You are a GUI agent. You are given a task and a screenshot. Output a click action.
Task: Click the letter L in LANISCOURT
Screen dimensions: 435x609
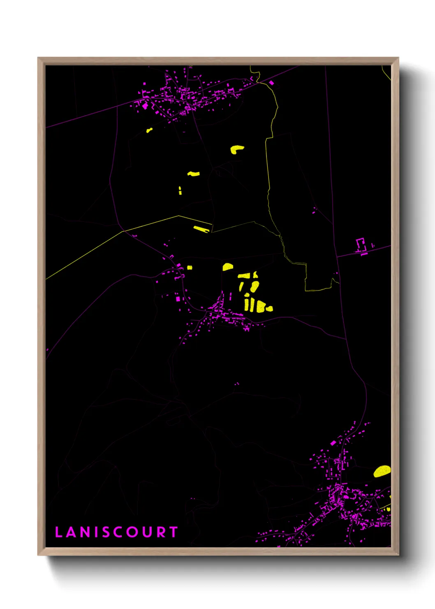pos(58,532)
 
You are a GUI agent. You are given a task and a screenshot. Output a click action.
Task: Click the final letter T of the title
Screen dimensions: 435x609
pos(174,532)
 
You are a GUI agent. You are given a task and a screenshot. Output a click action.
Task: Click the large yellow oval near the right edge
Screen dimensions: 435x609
pos(382,471)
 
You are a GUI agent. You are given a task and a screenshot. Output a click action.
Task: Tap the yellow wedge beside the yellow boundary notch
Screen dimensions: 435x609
pos(201,229)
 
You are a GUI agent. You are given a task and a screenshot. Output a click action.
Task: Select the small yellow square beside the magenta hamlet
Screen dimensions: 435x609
pos(190,267)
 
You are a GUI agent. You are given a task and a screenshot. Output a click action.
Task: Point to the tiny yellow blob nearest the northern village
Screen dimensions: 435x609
pos(149,130)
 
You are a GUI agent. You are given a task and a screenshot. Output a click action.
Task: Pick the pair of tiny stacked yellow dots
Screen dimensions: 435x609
pos(180,190)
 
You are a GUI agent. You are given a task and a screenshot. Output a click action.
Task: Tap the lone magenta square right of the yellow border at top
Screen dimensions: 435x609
pos(271,83)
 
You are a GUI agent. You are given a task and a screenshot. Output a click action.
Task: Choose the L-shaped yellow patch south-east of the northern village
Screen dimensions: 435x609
pos(236,149)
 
